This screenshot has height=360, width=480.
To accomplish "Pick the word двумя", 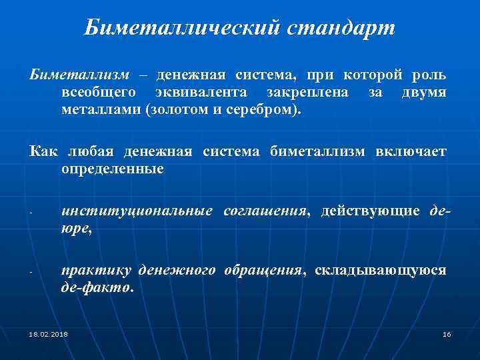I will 424,92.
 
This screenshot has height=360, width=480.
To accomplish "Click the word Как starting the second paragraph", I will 44,153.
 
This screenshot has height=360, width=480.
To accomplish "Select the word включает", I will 411,153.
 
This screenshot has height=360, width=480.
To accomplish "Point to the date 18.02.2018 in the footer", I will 48,333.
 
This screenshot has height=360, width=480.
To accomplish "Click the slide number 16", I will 447,333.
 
